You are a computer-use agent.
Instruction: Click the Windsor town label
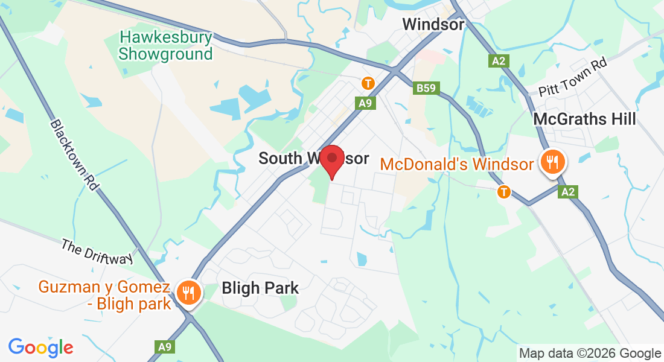pos(433,25)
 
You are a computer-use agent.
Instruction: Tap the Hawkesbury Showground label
pos(166,46)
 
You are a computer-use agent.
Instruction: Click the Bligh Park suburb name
pos(260,288)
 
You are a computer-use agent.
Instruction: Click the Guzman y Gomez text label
pos(105,294)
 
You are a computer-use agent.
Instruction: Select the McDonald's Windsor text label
pos(457,164)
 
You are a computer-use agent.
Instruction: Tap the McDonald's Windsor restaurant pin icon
pos(552,162)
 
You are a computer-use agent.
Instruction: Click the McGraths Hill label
pos(584,119)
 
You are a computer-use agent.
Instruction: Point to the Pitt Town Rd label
pos(573,76)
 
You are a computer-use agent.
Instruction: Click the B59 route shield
pos(426,89)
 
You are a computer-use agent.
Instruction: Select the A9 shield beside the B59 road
pos(365,103)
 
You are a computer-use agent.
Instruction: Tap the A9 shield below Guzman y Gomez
pos(165,346)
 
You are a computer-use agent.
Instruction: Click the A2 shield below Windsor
pos(498,60)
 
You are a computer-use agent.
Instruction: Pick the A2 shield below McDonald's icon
pos(567,192)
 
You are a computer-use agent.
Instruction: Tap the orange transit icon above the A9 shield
pos(367,83)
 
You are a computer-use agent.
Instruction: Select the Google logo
pos(40,348)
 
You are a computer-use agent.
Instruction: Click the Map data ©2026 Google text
pos(590,354)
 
